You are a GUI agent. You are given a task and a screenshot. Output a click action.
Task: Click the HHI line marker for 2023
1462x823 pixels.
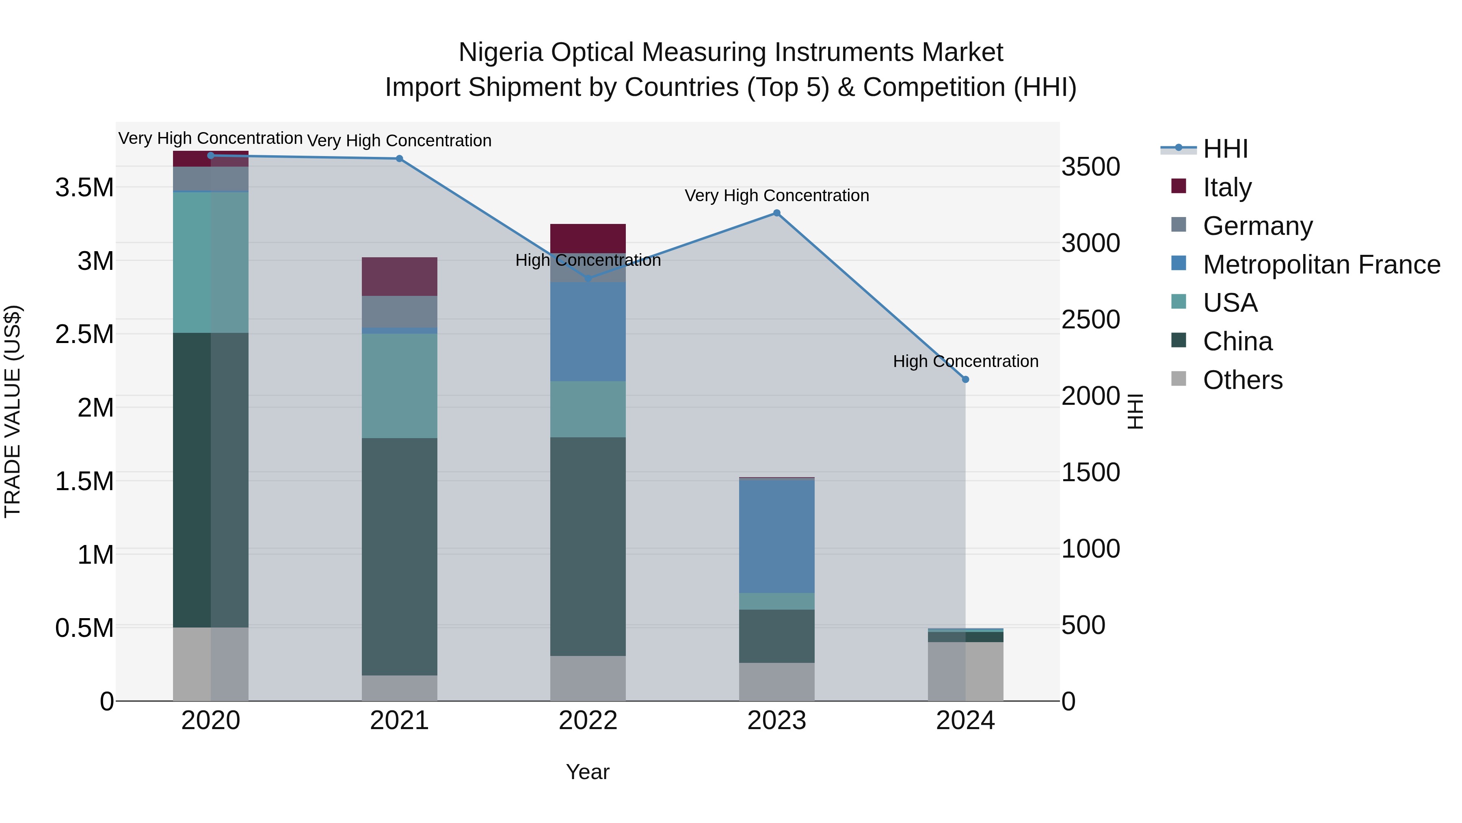click(776, 213)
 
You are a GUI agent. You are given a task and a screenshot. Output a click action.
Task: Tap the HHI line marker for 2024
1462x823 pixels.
click(965, 380)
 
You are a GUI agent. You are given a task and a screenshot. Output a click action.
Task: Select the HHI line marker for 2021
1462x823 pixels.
click(399, 159)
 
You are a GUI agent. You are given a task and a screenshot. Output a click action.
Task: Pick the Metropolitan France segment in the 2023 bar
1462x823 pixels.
click(776, 536)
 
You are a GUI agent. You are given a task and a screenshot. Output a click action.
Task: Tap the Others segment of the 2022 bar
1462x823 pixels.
click(588, 678)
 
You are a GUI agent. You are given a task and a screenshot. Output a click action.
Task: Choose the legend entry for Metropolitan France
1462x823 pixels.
click(1321, 265)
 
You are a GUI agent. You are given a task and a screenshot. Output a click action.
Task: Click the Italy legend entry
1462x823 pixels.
click(1226, 187)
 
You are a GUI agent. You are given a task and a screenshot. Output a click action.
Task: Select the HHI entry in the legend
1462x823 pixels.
click(1225, 149)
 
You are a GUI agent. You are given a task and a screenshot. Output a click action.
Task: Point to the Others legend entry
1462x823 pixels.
click(1242, 380)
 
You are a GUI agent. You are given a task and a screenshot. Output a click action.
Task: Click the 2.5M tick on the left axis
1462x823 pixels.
click(84, 334)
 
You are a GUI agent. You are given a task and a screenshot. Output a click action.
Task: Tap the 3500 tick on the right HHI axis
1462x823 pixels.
click(1090, 167)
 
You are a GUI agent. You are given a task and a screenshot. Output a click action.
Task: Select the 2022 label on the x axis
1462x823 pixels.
click(588, 721)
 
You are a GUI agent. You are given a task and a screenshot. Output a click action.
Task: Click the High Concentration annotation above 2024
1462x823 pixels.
click(965, 361)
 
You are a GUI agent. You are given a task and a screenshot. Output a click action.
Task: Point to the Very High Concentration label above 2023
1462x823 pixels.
click(776, 195)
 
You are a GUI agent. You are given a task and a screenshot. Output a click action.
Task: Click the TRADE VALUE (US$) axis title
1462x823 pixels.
click(13, 411)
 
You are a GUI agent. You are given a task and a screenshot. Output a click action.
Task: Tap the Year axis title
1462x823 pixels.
click(587, 772)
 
